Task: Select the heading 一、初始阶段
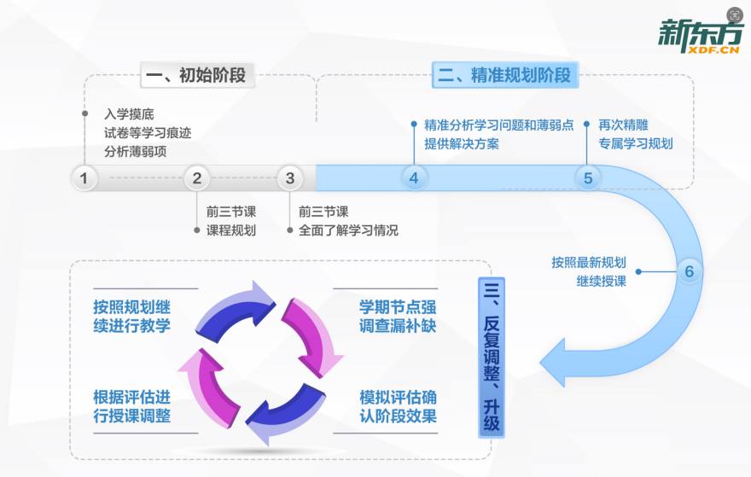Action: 195,75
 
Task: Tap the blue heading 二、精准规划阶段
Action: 504,75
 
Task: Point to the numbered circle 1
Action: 84,178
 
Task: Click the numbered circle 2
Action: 196,178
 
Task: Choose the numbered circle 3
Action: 290,178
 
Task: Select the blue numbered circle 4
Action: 414,178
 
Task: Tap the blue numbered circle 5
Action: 587,178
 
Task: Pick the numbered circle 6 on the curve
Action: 690,272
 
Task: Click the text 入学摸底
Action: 129,113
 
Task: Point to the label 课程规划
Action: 230,230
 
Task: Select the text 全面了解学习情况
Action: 348,230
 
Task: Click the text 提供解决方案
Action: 462,143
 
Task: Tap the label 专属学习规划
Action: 635,143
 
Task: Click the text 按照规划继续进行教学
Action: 131,316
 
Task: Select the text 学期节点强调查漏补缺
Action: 398,316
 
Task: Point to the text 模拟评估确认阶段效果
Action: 398,407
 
